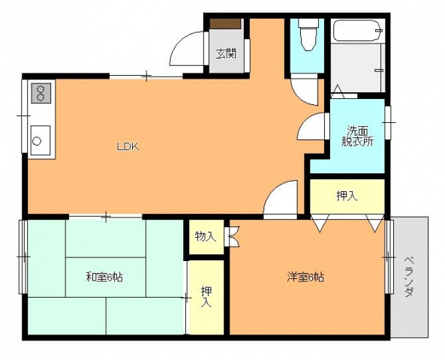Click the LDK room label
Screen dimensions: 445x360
pyautogui.click(x=128, y=146)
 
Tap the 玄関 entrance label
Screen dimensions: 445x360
pyautogui.click(x=226, y=53)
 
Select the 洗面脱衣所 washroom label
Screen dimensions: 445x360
pyautogui.click(x=357, y=136)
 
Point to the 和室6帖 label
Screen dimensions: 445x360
pyautogui.click(x=105, y=277)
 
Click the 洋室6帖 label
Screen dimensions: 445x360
pyautogui.click(x=305, y=277)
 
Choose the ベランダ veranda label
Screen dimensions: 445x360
pyautogui.click(x=409, y=277)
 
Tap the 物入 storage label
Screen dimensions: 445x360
pyautogui.click(x=206, y=236)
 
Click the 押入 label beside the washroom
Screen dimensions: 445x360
pyautogui.click(x=347, y=196)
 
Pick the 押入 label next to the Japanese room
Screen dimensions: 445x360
pyautogui.click(x=206, y=297)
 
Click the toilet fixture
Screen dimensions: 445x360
pyautogui.click(x=308, y=34)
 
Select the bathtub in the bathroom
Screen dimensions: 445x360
pyautogui.click(x=357, y=30)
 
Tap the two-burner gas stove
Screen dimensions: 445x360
pyautogui.click(x=41, y=93)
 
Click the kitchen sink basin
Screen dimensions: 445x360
pyautogui.click(x=41, y=140)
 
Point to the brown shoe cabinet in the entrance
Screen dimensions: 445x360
pyautogui.click(x=226, y=23)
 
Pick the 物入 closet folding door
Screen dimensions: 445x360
pyautogui.click(x=234, y=236)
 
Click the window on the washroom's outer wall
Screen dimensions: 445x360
pyautogui.click(x=388, y=122)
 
